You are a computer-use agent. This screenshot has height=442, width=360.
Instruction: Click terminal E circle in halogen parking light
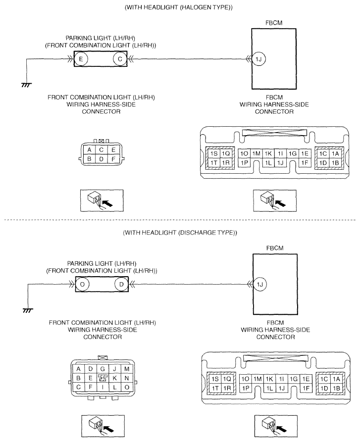point(81,59)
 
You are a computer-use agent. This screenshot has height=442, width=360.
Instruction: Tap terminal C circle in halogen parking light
point(120,59)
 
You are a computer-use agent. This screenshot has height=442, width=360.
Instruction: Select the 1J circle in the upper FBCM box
point(259,59)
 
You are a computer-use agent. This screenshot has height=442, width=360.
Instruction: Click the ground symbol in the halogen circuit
point(27,85)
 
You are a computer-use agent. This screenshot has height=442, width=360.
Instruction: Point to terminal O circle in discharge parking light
point(82,285)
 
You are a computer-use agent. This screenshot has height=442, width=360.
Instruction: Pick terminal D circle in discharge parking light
point(121,285)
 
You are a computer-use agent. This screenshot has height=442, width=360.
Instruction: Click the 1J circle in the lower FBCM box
point(260,285)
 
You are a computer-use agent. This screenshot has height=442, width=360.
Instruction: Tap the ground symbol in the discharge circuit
point(28,310)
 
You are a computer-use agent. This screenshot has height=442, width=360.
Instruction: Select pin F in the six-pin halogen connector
point(113,159)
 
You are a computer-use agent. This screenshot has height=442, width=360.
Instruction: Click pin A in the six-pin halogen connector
point(89,150)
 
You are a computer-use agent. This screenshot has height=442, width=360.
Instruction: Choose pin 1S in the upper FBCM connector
point(214,153)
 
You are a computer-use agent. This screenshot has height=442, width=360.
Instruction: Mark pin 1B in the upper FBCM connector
point(335,163)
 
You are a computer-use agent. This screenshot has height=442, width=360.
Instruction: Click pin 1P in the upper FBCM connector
point(244,163)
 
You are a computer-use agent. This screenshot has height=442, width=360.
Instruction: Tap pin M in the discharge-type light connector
point(127,369)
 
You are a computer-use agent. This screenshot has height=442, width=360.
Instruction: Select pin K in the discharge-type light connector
point(115,378)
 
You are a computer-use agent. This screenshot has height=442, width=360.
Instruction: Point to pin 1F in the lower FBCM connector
point(306,389)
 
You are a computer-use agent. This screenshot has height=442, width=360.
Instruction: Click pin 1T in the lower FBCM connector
point(215,389)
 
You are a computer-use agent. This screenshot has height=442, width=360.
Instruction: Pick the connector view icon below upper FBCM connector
point(275,200)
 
